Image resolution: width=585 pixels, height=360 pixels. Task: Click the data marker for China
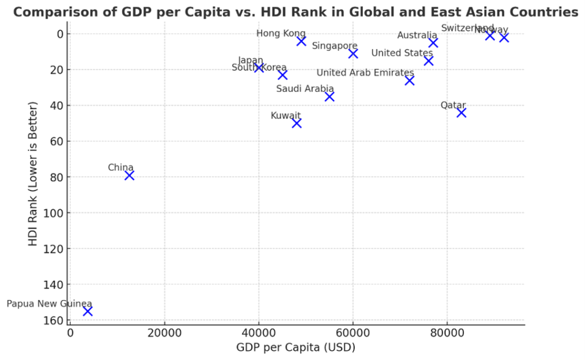(x=129, y=175)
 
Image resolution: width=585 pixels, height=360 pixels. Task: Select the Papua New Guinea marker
(x=87, y=311)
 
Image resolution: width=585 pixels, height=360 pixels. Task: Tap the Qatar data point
(x=461, y=113)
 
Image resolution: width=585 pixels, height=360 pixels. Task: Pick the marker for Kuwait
(x=296, y=123)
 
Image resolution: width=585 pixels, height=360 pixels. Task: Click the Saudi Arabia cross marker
(x=330, y=97)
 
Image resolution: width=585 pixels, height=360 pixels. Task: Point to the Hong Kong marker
(x=301, y=41)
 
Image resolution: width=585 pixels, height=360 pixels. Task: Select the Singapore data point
(x=353, y=53)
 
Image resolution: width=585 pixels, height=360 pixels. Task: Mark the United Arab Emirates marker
(x=410, y=81)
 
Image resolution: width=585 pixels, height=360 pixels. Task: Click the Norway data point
(x=504, y=37)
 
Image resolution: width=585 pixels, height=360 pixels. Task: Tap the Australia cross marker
(x=433, y=42)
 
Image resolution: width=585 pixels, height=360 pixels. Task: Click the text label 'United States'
(x=402, y=53)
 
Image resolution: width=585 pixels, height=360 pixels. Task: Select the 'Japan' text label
(x=250, y=60)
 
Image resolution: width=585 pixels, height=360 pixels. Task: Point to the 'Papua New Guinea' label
(x=49, y=303)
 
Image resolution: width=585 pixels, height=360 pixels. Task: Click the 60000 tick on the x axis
(x=352, y=332)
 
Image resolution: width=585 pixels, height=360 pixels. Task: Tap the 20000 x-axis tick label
(x=165, y=332)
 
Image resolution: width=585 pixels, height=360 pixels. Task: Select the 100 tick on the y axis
(x=54, y=213)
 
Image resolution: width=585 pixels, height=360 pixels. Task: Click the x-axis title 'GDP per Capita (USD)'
(x=295, y=347)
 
